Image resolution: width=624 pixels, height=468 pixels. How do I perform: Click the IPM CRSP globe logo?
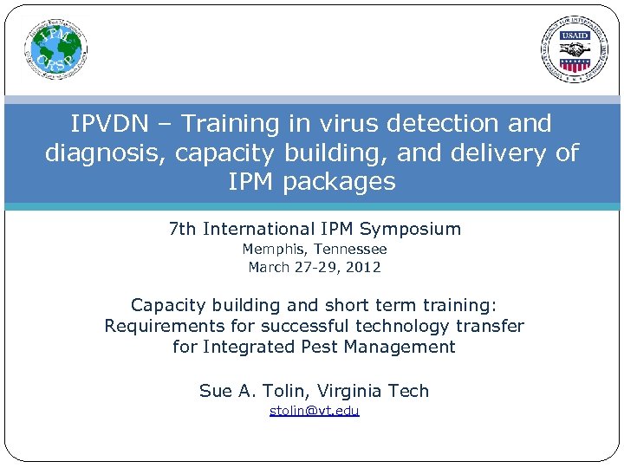tap(55, 49)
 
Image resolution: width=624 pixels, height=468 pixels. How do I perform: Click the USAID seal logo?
tap(575, 49)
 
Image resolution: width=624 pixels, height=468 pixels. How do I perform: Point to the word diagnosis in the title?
tap(106, 153)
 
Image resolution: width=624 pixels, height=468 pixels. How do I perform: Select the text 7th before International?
tap(183, 230)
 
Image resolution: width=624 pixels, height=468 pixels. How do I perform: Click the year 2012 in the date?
tap(364, 267)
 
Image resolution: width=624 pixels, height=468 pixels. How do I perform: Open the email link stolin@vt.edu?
tap(314, 411)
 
